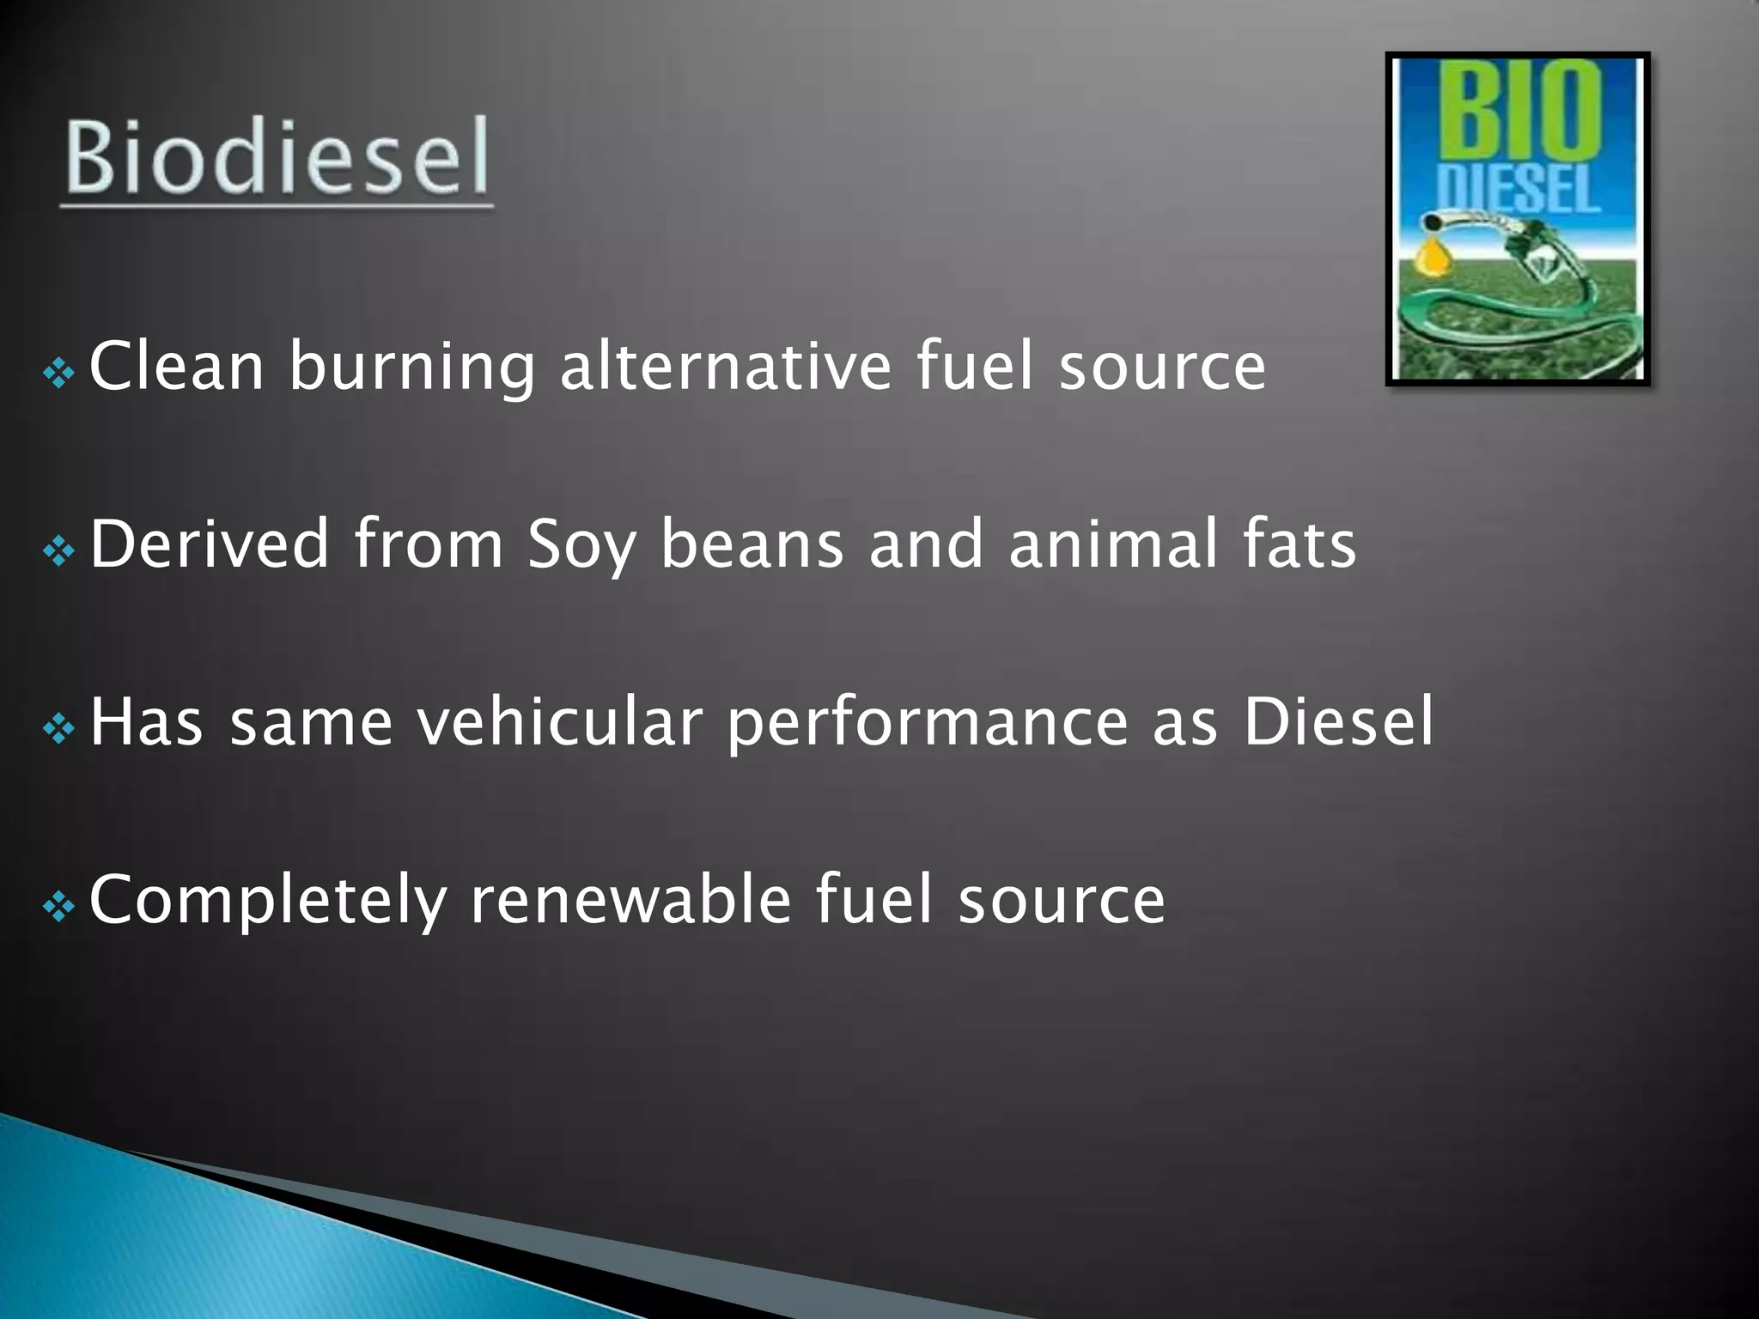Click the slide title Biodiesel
tap(277, 157)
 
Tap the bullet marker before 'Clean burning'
tap(59, 373)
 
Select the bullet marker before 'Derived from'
tap(59, 550)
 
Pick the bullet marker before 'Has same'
tap(59, 729)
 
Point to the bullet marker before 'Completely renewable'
tap(59, 907)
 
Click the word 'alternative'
tap(726, 367)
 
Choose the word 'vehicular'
tap(560, 721)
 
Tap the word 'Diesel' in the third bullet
tap(1338, 721)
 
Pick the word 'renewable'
tap(630, 899)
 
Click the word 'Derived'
tap(210, 544)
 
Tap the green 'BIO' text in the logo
tap(1520, 111)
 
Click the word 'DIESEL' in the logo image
tap(1518, 189)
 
